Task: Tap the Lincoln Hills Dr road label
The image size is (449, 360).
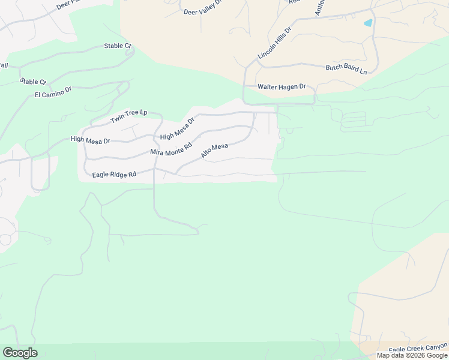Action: pyautogui.click(x=274, y=43)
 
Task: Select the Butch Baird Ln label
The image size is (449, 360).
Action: pyautogui.click(x=346, y=69)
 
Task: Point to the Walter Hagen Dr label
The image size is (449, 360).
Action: pyautogui.click(x=282, y=87)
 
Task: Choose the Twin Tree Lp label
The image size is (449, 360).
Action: pyautogui.click(x=129, y=117)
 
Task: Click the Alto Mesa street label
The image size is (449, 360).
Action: pyautogui.click(x=214, y=151)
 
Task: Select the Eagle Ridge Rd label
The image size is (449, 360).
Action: pyautogui.click(x=114, y=175)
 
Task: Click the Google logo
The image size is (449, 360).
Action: pyautogui.click(x=20, y=353)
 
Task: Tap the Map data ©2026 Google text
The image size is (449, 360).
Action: pyautogui.click(x=412, y=355)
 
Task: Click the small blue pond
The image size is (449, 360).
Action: pyautogui.click(x=368, y=23)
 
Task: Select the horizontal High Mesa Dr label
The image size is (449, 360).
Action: pyautogui.click(x=91, y=140)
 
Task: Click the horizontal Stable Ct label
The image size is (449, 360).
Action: pyautogui.click(x=117, y=46)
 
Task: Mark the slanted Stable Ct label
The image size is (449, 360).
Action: pyautogui.click(x=33, y=81)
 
